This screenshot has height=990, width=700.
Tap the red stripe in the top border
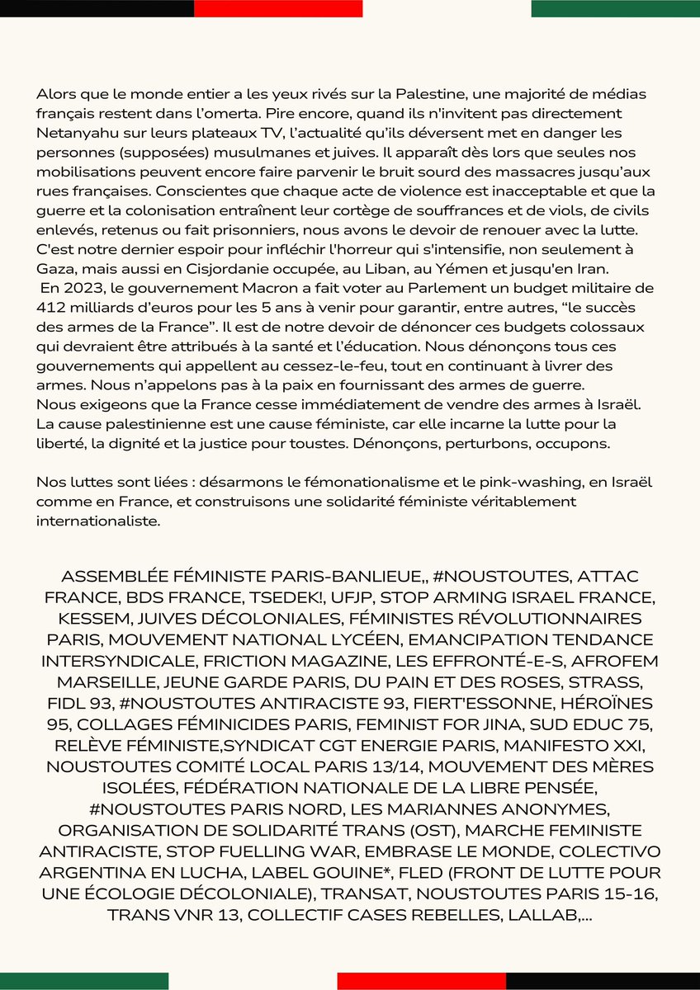[x=278, y=8]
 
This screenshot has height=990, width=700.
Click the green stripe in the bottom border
[x=84, y=981]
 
